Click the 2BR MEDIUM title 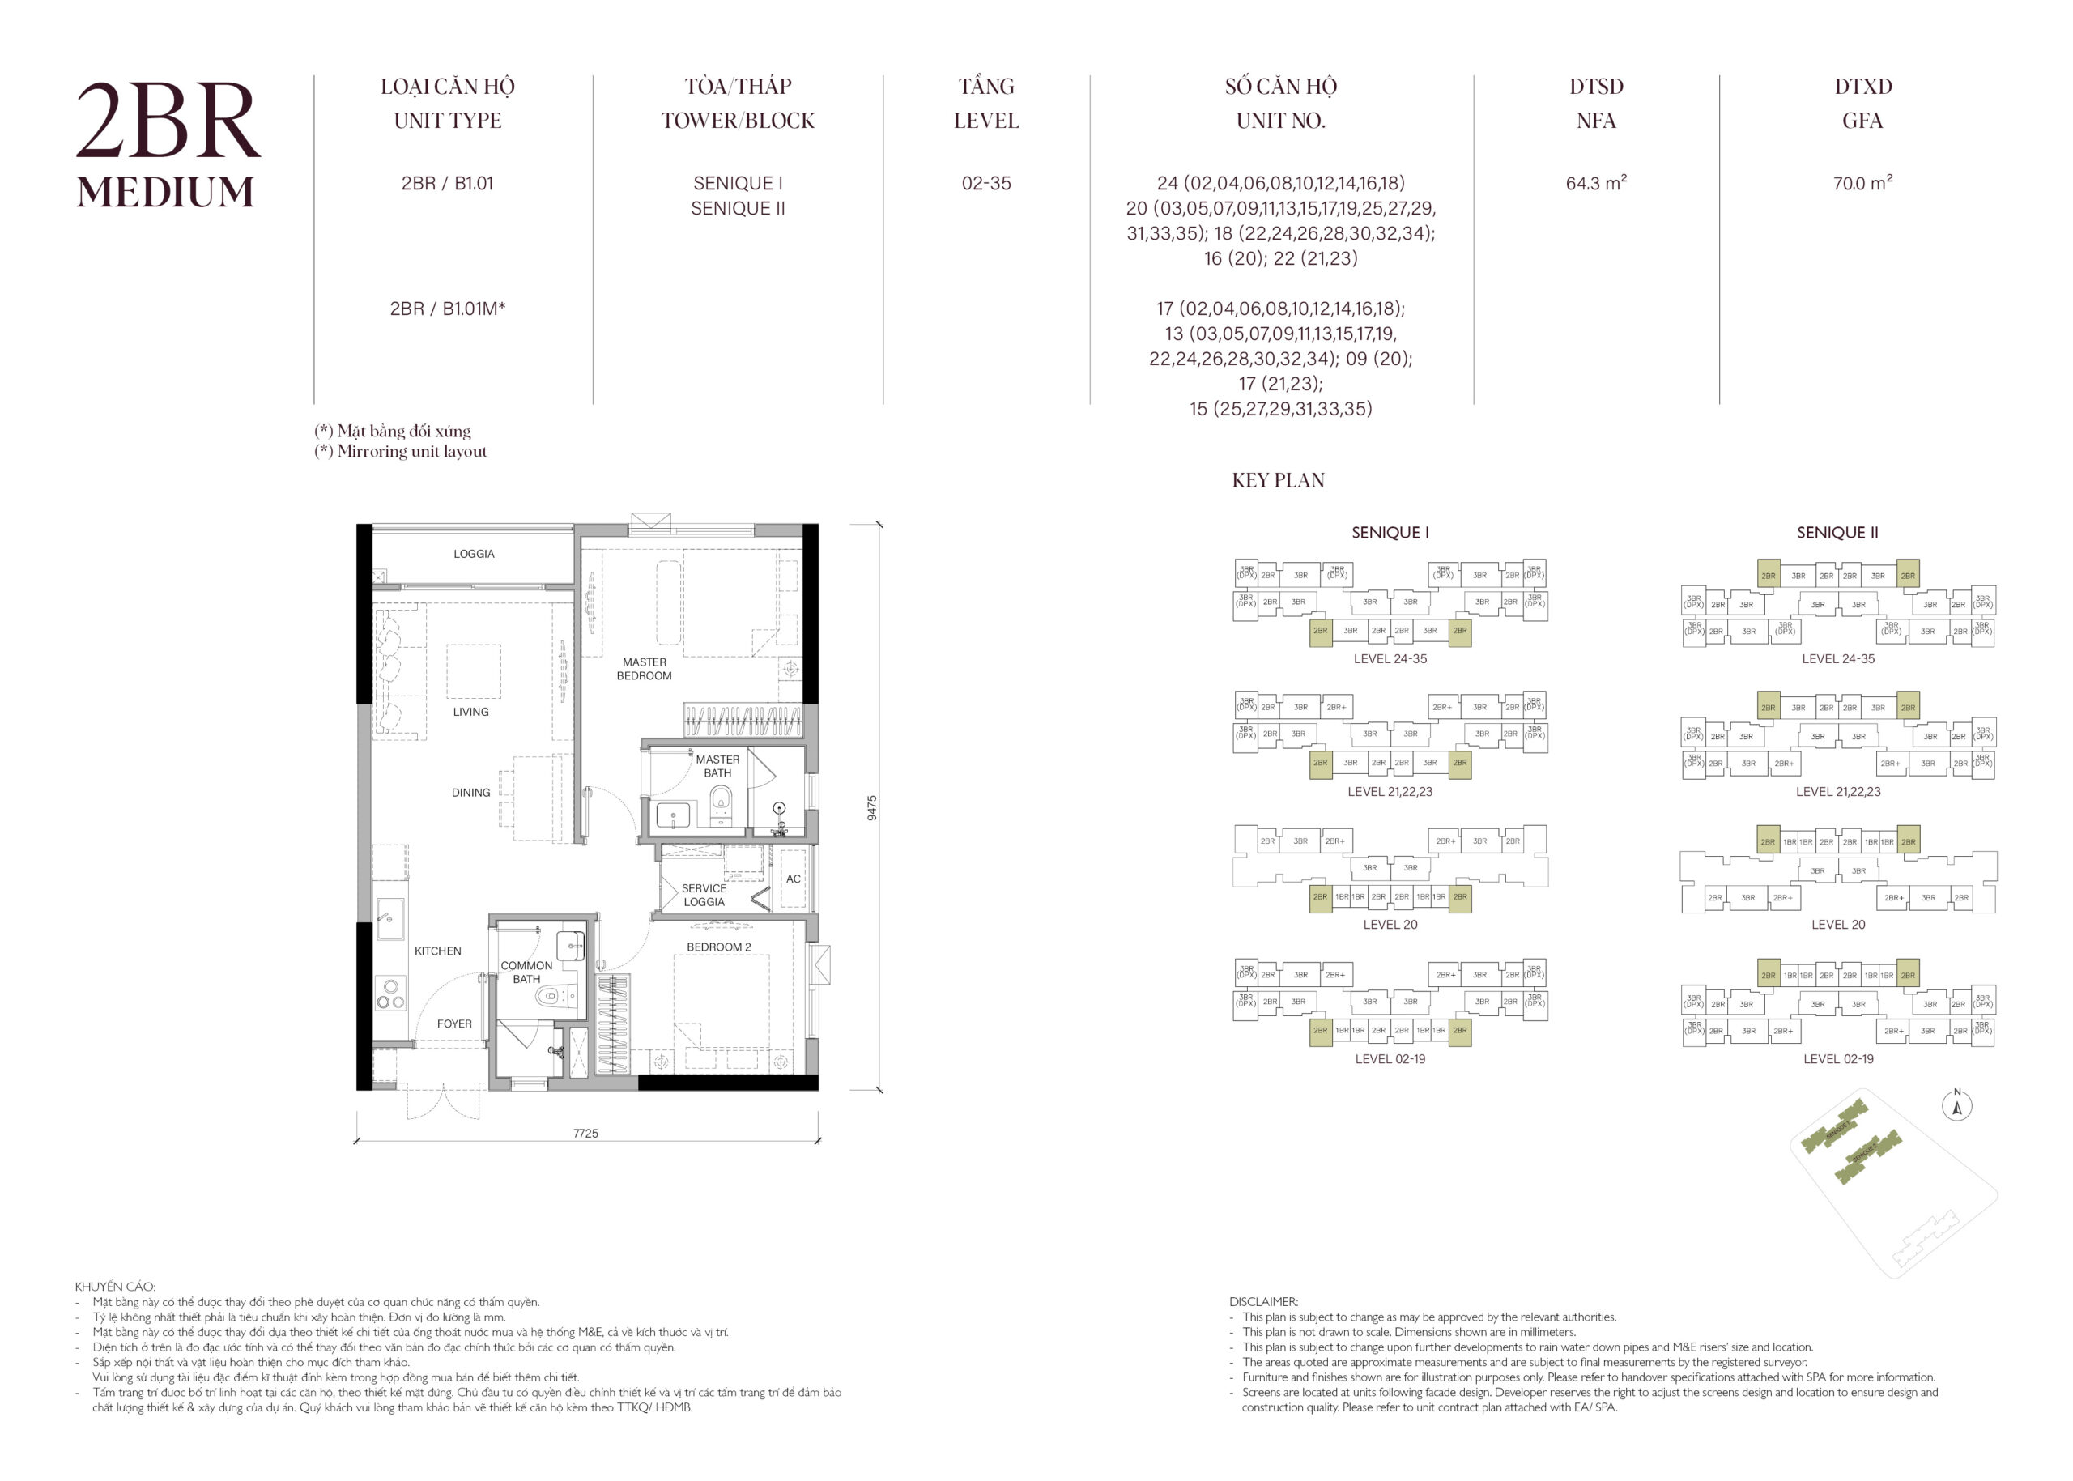pos(168,146)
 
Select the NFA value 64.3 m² pos(1595,183)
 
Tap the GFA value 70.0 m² pos(1862,183)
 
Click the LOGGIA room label pos(474,554)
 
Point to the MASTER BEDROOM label pos(644,669)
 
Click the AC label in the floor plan pos(793,879)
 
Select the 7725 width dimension pos(585,1134)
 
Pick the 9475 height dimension pos(872,808)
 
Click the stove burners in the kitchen pos(390,994)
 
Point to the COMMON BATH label pos(526,972)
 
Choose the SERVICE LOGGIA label pos(703,895)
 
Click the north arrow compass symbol pos(1956,1107)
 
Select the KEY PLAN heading pos(1278,481)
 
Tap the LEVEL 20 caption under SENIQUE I pos(1390,925)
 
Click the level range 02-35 pos(985,183)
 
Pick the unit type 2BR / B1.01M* pos(447,309)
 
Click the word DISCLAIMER pos(1263,1302)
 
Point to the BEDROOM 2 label pos(718,947)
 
